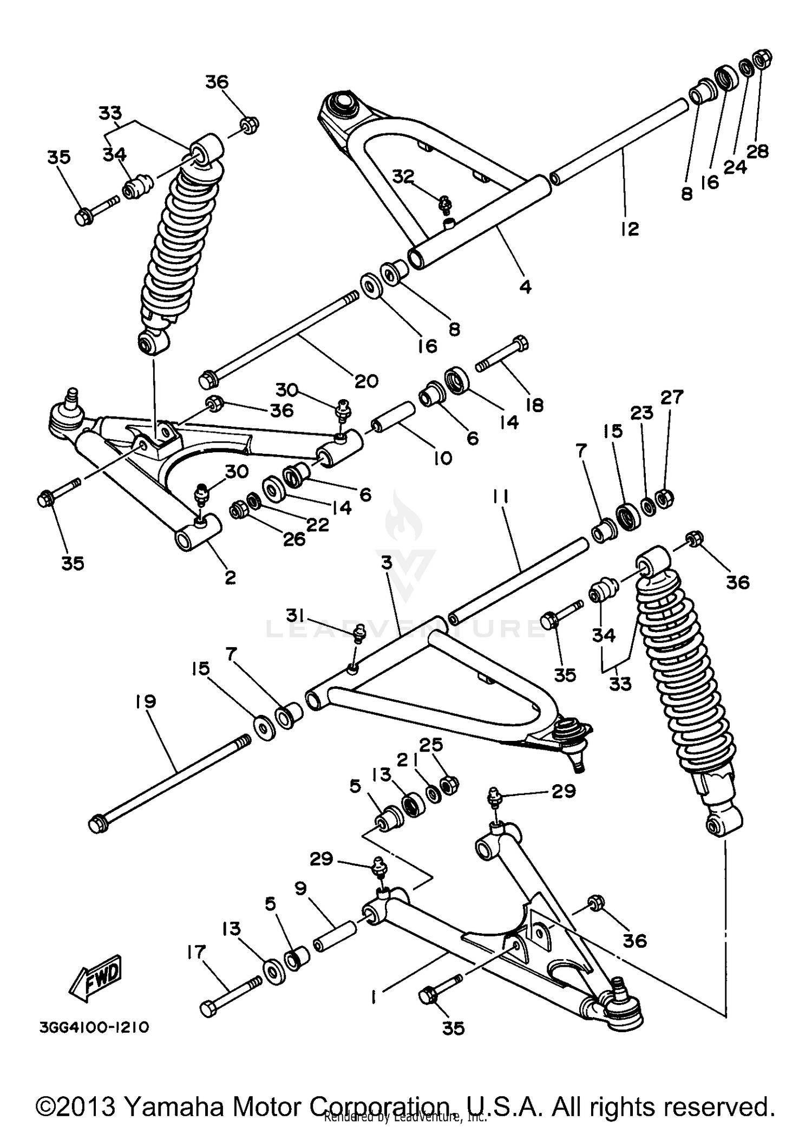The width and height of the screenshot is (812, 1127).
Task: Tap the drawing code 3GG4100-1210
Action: coord(94,1027)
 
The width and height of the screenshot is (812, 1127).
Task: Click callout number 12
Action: coord(630,229)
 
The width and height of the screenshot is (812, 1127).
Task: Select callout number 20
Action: coord(366,381)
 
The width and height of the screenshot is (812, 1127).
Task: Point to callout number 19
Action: coord(146,701)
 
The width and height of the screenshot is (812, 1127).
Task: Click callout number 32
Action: coord(403,177)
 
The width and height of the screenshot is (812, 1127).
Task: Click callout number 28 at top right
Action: coord(757,152)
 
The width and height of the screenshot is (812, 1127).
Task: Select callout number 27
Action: coord(672,397)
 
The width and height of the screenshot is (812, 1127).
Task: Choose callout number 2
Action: coord(230,577)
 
